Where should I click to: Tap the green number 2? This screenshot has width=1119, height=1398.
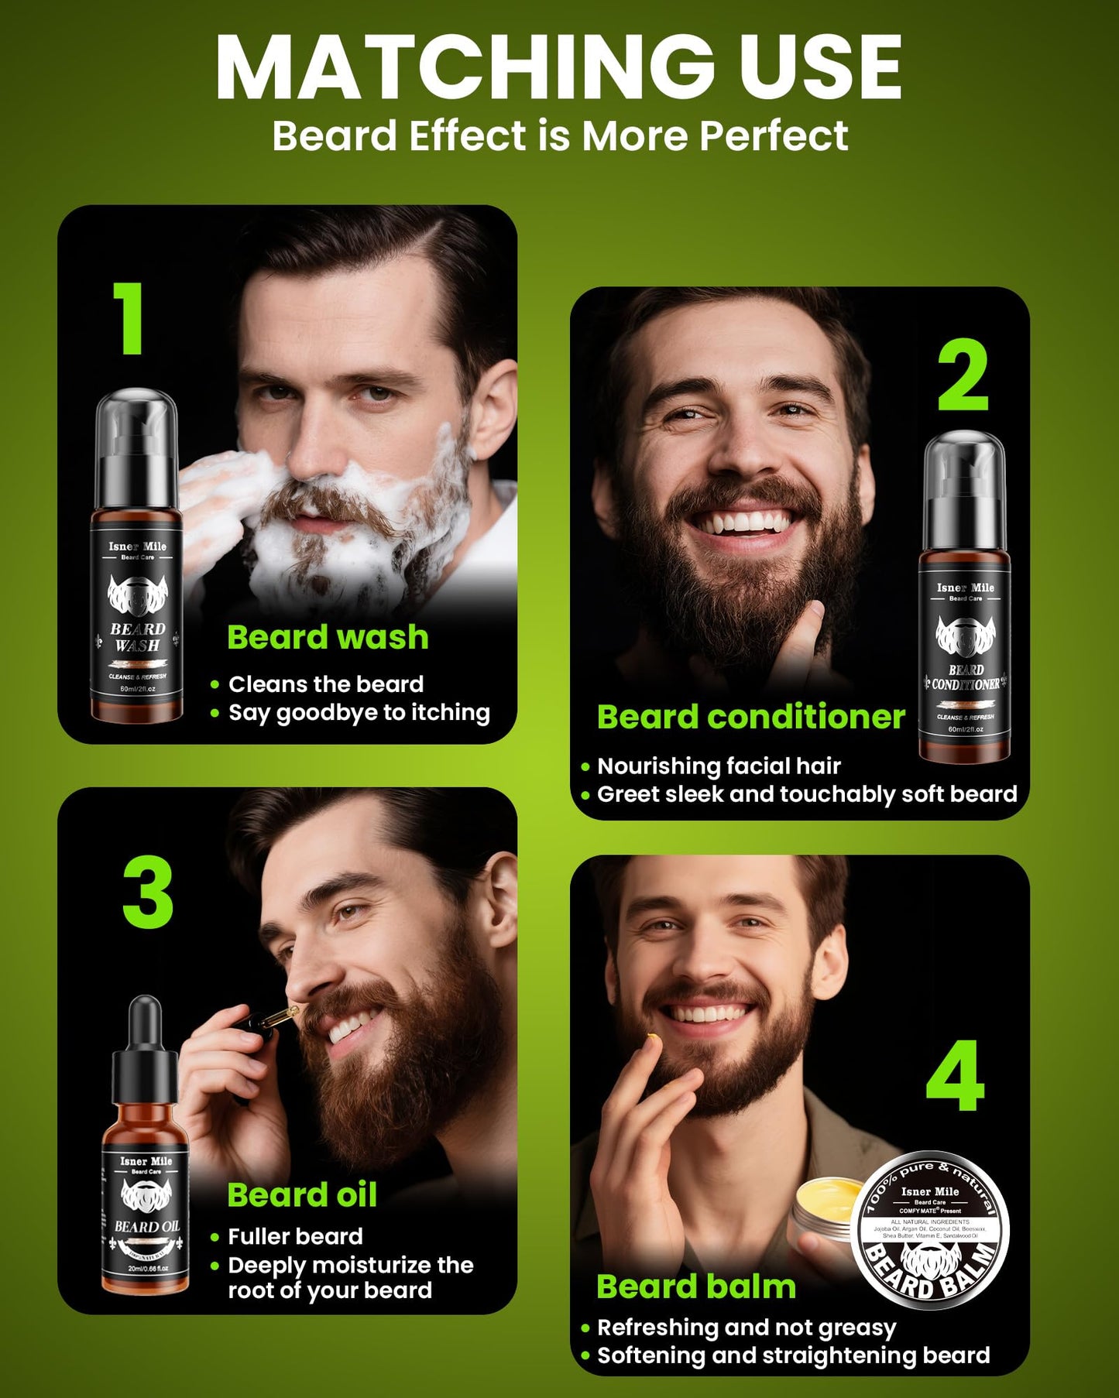click(963, 376)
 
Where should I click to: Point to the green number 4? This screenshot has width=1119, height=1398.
click(955, 1076)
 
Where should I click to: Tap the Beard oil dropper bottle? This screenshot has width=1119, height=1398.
click(146, 1153)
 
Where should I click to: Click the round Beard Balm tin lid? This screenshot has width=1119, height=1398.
click(930, 1231)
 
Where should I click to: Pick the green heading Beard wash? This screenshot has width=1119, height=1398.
click(328, 638)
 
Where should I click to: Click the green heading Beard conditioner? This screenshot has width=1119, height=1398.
click(750, 718)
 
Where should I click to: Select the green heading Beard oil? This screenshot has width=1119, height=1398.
click(302, 1195)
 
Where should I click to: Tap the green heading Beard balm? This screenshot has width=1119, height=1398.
click(695, 1287)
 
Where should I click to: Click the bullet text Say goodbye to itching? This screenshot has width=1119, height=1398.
click(359, 713)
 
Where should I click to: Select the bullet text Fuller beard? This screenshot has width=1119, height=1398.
click(295, 1236)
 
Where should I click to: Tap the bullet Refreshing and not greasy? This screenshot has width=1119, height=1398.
click(746, 1328)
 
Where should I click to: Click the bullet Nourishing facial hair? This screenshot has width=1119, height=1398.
click(718, 766)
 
